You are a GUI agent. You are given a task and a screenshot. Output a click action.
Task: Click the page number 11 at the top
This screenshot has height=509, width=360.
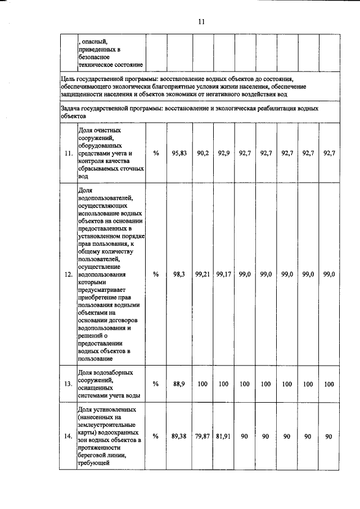(201, 21)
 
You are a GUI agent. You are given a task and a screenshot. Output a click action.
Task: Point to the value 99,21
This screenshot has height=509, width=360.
(202, 274)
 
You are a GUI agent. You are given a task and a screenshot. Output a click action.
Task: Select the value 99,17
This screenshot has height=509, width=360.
(224, 274)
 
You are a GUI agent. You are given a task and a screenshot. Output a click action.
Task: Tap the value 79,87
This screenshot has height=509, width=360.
(202, 436)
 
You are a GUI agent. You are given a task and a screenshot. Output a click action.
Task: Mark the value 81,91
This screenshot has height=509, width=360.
(224, 436)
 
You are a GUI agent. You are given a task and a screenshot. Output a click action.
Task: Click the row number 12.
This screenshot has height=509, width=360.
(68, 274)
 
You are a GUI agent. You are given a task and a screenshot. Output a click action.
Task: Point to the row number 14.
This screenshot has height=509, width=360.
(68, 437)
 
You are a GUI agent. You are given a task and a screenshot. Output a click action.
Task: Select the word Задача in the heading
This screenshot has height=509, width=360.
(71, 108)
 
